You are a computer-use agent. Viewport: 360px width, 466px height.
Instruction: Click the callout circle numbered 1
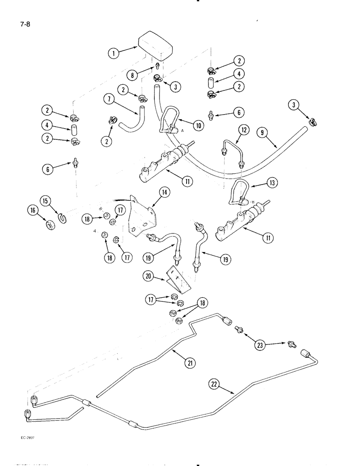(113, 54)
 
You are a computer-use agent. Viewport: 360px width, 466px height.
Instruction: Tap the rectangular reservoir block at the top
(155, 44)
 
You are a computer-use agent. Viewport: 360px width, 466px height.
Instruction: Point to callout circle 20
(148, 276)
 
